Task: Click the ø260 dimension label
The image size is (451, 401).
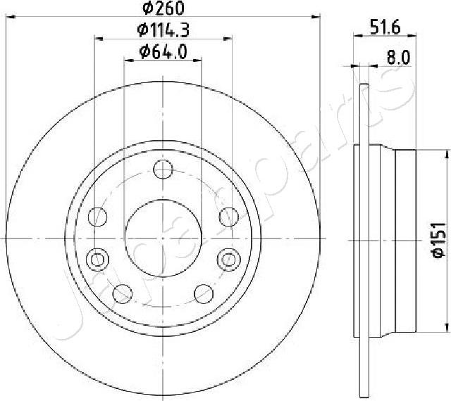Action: [x=163, y=9]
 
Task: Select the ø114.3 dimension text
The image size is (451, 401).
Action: [x=164, y=31]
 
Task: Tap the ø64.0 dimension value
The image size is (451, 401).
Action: [x=163, y=51]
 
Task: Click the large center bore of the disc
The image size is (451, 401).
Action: [x=163, y=231]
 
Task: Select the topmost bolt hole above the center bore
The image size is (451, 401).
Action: [x=163, y=170]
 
